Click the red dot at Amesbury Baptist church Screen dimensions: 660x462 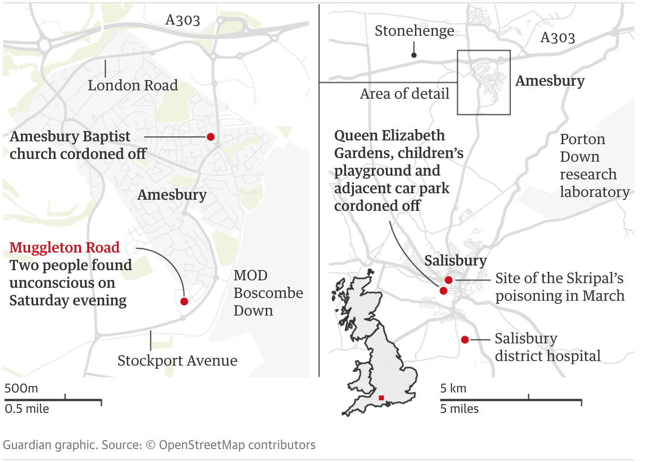coord(211,137)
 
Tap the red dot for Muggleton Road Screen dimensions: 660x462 coord(184,302)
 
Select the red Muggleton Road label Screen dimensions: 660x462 coord(64,247)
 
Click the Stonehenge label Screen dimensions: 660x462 coord(414,31)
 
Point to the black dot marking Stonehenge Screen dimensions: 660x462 coord(414,55)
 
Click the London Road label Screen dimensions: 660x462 coord(133,85)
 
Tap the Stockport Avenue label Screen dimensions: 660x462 coord(177,361)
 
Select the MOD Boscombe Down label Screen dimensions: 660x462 coord(268,293)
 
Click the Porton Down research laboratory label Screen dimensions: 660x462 coord(594,165)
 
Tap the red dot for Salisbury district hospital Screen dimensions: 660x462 coord(465,340)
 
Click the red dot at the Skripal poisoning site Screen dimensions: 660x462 coord(448,280)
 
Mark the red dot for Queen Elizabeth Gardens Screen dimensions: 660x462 coord(443,291)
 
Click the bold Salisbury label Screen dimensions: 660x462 coord(455,260)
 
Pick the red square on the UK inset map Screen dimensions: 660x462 coord(381,398)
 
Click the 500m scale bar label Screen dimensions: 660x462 coord(21,388)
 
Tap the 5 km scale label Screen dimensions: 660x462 coord(453,388)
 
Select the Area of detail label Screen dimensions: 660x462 coord(404,94)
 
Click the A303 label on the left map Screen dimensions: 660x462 coord(182,20)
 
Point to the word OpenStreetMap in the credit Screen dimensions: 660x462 coord(202,445)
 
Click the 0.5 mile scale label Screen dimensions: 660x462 coord(27,409)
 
